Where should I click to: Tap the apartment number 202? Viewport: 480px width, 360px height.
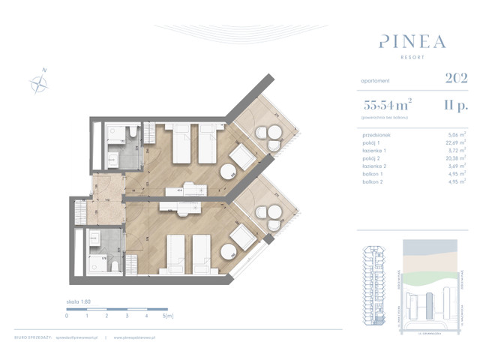(455, 78)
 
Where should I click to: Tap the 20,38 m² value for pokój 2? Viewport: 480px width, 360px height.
(457, 159)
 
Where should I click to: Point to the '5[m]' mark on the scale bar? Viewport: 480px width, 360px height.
(168, 316)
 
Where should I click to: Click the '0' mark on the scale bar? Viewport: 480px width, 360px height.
(67, 316)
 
